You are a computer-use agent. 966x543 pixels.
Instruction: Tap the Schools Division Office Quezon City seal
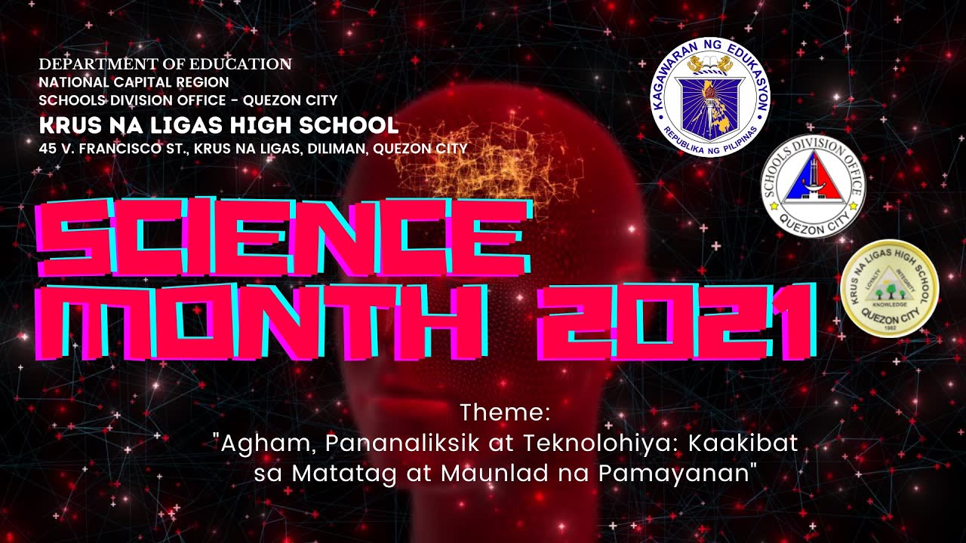click(x=812, y=186)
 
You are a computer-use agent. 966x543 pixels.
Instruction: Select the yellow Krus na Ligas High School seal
click(x=889, y=287)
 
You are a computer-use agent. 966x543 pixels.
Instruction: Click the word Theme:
click(x=506, y=413)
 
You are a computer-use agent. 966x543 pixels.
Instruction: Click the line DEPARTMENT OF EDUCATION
click(x=165, y=64)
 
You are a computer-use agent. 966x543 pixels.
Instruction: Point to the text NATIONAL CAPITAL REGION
click(x=134, y=82)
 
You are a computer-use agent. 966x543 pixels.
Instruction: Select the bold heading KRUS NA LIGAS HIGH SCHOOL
click(x=219, y=124)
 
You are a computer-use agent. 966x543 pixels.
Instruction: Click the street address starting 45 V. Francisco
click(x=253, y=148)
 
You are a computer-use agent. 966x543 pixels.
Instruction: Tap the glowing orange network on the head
click(x=483, y=158)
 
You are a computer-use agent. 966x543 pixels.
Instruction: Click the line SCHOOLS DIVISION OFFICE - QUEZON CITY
click(x=188, y=100)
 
